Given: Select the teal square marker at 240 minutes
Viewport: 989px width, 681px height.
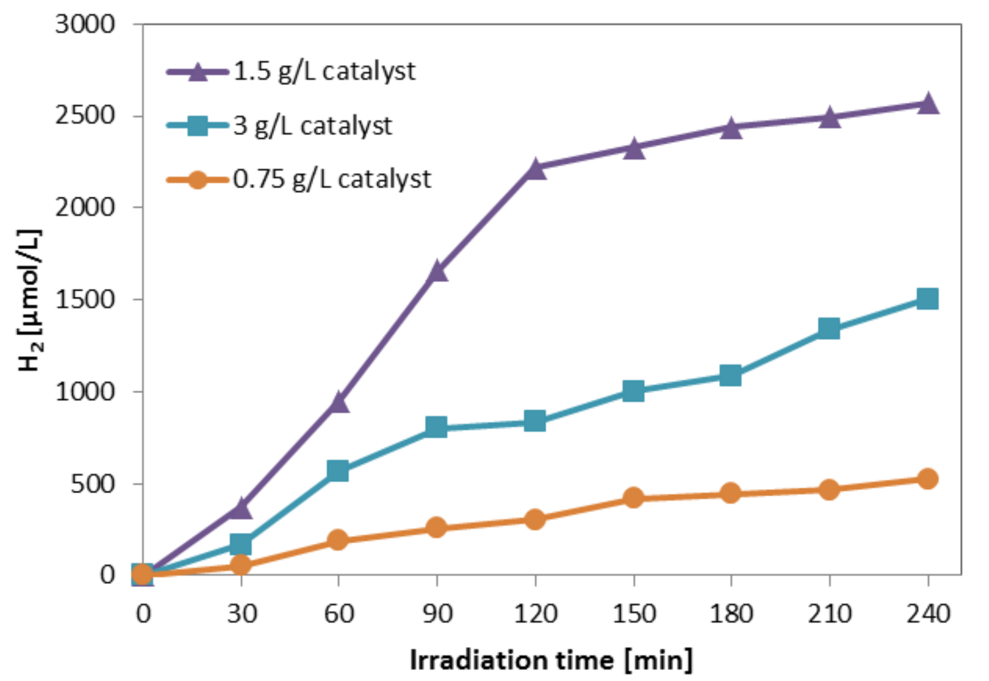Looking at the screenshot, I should click(x=928, y=299).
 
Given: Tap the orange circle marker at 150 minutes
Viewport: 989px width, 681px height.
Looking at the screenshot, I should click(x=633, y=498).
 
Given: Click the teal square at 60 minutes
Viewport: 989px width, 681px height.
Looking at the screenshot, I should click(x=338, y=471).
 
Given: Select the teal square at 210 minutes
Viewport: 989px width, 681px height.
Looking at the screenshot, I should click(x=829, y=328).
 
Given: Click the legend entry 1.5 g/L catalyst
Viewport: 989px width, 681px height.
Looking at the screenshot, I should click(x=324, y=71).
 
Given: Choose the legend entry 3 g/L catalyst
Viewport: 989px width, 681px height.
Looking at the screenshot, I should click(x=312, y=126).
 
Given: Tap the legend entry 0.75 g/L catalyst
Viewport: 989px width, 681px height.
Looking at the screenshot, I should click(x=331, y=180).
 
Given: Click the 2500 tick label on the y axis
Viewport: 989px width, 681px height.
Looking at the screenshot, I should click(x=85, y=116).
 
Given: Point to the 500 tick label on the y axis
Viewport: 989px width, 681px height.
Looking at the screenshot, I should click(x=93, y=484).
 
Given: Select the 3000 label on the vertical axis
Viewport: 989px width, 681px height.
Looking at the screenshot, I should click(x=85, y=24).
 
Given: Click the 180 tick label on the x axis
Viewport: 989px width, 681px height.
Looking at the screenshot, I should click(x=731, y=614).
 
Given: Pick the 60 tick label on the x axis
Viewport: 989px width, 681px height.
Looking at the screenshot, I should click(x=339, y=614).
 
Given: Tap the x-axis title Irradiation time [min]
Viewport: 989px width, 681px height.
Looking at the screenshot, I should click(x=551, y=660).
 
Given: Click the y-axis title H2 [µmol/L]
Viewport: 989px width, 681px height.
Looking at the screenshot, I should click(x=29, y=300).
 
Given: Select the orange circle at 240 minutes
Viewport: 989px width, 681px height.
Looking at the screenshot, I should click(x=928, y=479).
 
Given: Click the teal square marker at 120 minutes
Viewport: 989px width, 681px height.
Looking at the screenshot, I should click(x=535, y=421).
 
